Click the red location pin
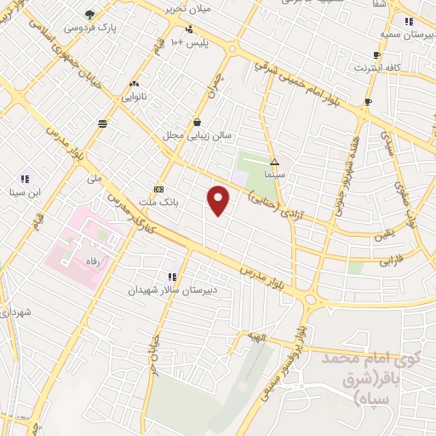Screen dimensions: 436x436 pyautogui.click(x=219, y=201)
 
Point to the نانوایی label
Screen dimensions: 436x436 pyautogui.click(x=134, y=96)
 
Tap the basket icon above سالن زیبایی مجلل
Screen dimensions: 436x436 pyautogui.click(x=198, y=123)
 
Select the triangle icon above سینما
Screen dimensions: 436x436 pyautogui.click(x=274, y=161)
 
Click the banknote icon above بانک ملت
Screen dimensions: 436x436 pyautogui.click(x=158, y=189)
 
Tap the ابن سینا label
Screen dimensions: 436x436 pyautogui.click(x=26, y=191)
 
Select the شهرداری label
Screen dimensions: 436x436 pyautogui.click(x=18, y=315)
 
